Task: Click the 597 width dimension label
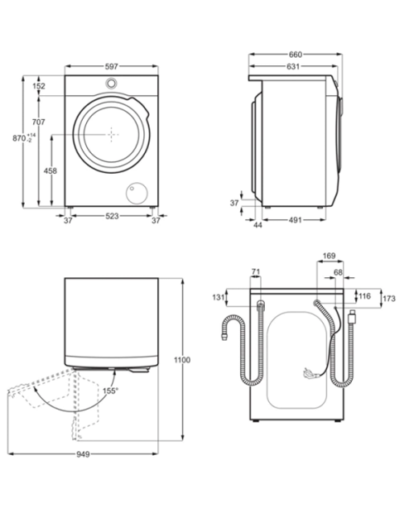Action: click(111, 66)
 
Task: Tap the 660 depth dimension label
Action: click(296, 55)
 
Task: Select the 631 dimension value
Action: click(293, 66)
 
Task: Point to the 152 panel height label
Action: click(39, 86)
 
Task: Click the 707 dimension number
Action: click(38, 122)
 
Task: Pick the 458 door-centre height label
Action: click(50, 170)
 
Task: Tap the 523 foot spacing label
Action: click(112, 216)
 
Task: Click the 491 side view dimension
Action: click(295, 220)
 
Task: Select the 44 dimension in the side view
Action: click(258, 225)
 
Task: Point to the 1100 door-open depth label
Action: click(182, 360)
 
